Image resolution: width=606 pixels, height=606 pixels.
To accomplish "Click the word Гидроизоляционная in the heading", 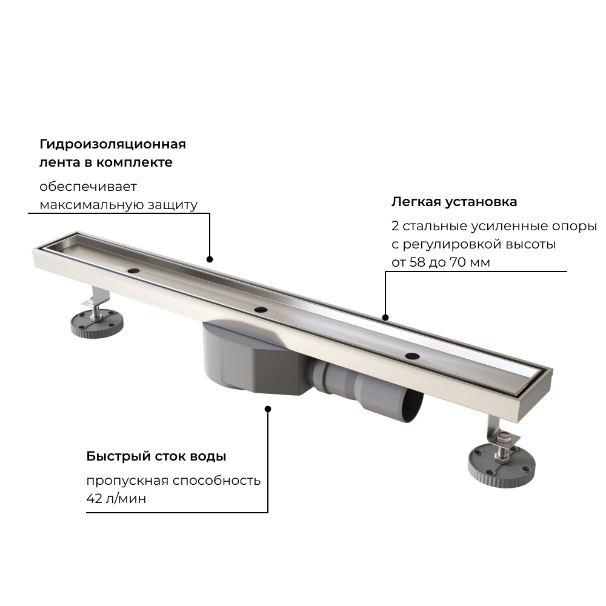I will click(x=113, y=144).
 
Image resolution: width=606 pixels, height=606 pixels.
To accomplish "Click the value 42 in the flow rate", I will click(x=95, y=499).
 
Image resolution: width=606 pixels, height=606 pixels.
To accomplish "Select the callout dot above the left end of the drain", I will click(x=210, y=259).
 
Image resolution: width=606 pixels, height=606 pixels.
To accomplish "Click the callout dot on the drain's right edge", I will click(x=385, y=316).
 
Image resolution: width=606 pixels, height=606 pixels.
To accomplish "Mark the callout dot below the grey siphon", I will click(x=268, y=408).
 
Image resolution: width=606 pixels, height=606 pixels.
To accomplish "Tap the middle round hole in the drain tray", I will click(x=261, y=310).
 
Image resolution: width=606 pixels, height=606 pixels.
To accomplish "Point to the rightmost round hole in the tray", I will click(x=412, y=356).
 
